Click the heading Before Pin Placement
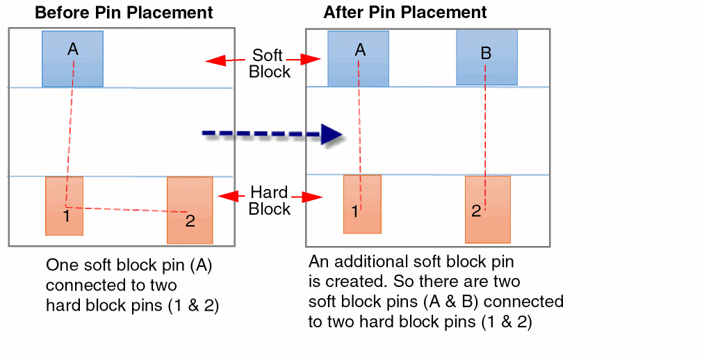tap(124, 13)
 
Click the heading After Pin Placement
tap(405, 13)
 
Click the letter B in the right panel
tap(486, 53)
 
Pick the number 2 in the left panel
tap(190, 221)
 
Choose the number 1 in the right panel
tap(354, 212)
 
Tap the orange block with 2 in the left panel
tap(190, 210)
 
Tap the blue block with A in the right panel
tap(358, 58)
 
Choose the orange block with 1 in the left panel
tap(64, 206)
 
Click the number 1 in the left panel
tap(66, 216)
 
